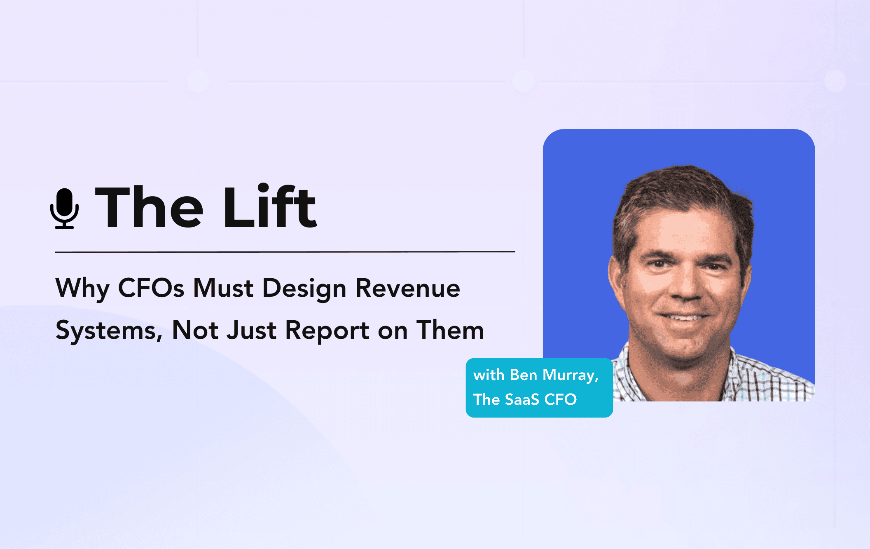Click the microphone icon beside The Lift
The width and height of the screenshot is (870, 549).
[65, 209]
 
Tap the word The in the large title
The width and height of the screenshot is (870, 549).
[149, 207]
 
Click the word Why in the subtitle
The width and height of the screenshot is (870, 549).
[82, 289]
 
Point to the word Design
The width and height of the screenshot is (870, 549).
[304, 289]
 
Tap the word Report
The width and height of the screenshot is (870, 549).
[327, 331]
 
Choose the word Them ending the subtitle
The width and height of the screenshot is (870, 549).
[450, 330]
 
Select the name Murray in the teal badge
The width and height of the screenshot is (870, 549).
[571, 375]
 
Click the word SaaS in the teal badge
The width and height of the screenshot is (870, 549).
[522, 399]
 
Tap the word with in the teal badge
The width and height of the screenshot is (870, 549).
[489, 375]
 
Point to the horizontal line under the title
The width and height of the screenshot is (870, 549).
[285, 251]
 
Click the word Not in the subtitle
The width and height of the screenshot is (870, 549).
[195, 330]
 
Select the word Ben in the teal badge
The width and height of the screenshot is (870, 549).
[524, 375]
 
